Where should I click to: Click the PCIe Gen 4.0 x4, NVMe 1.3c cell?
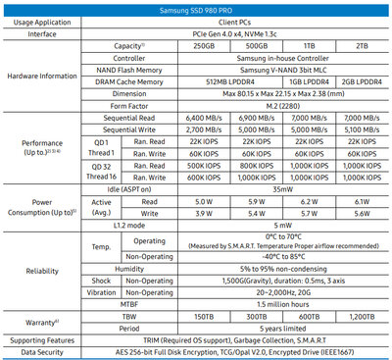tap(258, 31)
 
